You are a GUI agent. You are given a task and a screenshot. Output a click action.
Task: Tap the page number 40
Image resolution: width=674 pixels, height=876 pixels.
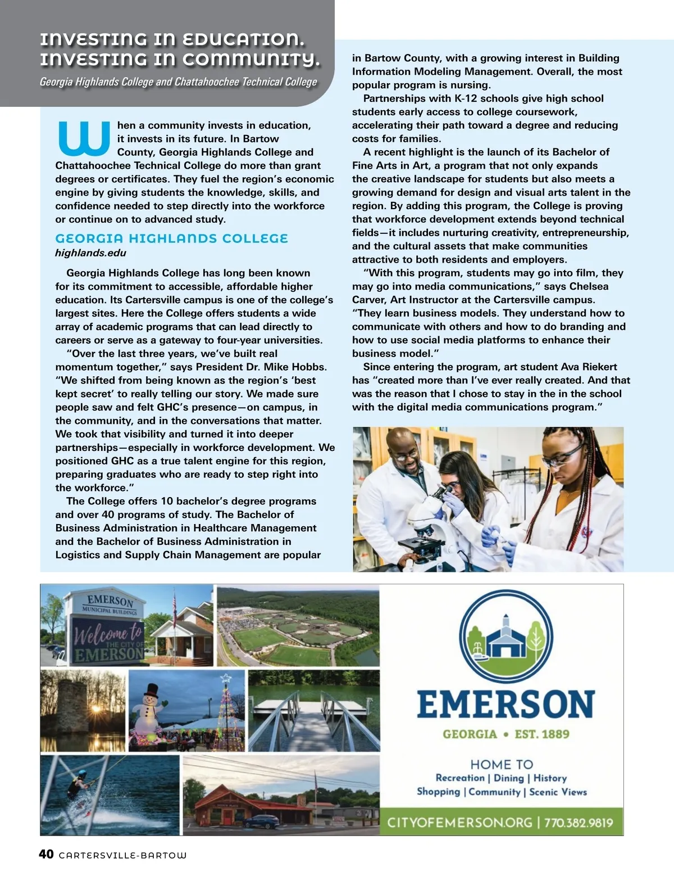[46, 854]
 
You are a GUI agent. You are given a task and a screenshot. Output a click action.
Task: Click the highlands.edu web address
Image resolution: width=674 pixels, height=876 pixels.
[90, 253]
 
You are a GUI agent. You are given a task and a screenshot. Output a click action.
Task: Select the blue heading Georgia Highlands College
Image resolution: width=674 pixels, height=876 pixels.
[171, 238]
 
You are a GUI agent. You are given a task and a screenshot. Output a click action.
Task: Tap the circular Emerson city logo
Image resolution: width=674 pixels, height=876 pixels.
[505, 635]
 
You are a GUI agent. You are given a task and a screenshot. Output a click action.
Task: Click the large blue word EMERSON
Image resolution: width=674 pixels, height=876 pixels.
[505, 704]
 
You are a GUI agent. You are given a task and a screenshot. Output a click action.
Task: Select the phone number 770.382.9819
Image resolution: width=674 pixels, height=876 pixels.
[579, 823]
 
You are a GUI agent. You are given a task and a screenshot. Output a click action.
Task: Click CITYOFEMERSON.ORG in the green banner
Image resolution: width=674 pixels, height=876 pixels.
[459, 823]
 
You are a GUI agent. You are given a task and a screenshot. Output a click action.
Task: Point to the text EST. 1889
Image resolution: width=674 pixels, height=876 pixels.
[542, 734]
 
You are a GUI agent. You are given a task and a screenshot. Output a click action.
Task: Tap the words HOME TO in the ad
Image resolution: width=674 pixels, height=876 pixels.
[502, 764]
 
